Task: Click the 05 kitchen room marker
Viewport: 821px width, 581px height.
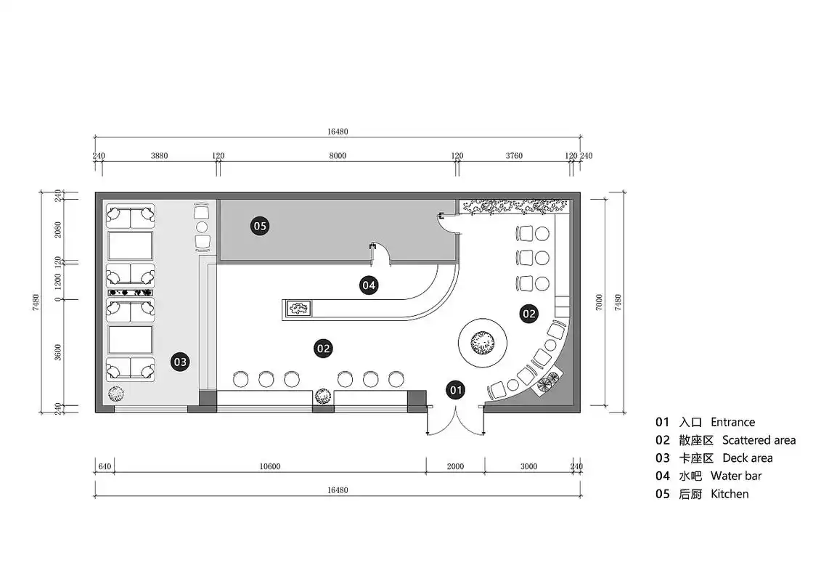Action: [x=260, y=226]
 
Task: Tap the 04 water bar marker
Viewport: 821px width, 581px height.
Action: [x=369, y=285]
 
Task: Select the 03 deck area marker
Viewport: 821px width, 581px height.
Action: [x=179, y=362]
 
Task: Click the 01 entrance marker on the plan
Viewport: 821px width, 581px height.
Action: [x=456, y=390]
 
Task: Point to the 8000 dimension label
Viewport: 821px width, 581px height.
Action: [x=338, y=155]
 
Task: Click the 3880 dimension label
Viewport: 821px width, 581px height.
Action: [x=159, y=155]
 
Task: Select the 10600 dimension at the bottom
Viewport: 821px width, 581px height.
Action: [x=269, y=466]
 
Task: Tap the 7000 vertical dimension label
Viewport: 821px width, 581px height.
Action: [x=600, y=302]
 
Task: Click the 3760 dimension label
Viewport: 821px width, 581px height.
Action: [x=514, y=155]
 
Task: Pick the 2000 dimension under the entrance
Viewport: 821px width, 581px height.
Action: [x=455, y=466]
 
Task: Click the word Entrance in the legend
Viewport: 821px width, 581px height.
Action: [x=732, y=422]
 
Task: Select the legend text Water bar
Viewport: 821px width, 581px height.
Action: [x=735, y=476]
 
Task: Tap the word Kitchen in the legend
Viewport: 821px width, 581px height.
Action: [x=730, y=494]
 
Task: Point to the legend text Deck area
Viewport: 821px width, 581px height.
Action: [x=747, y=458]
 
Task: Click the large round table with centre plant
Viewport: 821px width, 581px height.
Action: [x=482, y=344]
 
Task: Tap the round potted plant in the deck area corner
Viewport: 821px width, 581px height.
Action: [x=116, y=394]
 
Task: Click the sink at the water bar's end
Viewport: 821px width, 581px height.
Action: [x=298, y=308]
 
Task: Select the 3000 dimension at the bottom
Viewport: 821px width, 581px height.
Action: [x=528, y=466]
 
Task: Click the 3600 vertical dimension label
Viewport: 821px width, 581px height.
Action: [x=57, y=352]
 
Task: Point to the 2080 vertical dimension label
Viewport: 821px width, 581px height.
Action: [x=57, y=229]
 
